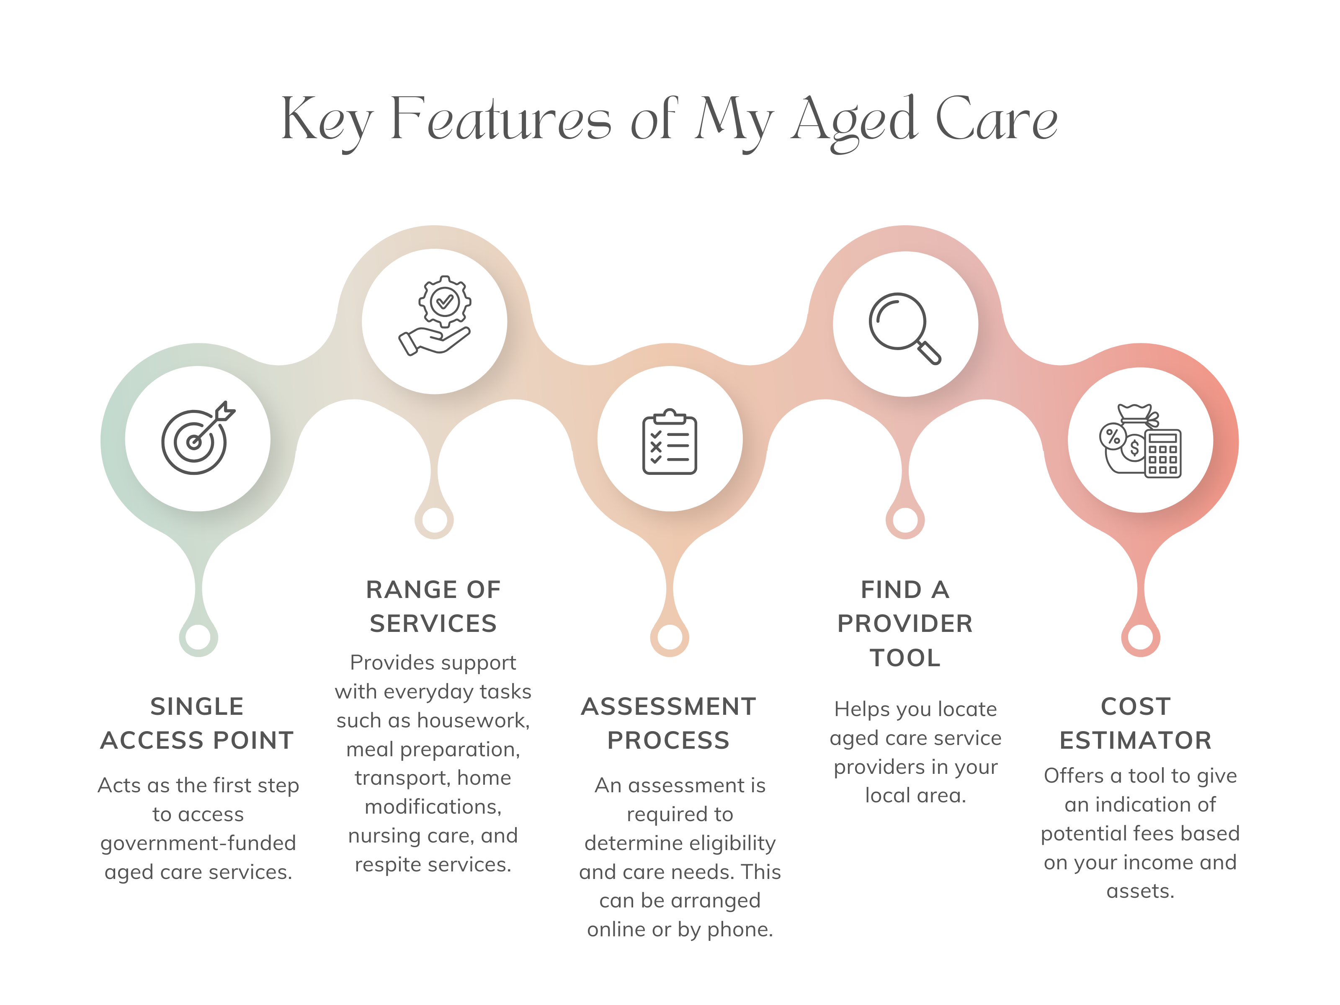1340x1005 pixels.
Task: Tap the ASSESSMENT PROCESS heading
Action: (669, 723)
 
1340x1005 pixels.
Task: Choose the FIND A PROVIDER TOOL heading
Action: (905, 624)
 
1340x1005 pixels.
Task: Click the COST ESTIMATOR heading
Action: (1136, 723)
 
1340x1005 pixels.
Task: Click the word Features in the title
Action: (500, 119)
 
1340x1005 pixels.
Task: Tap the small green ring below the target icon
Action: (198, 637)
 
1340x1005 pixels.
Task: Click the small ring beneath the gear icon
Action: (434, 520)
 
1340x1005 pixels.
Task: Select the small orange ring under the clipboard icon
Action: (670, 637)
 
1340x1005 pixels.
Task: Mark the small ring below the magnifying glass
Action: (905, 520)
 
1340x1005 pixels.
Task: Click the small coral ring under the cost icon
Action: (1141, 637)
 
